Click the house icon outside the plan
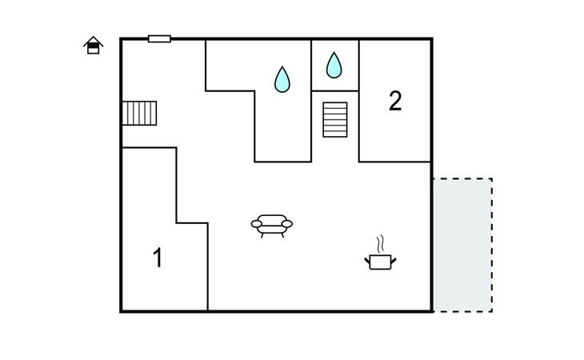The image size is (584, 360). point(93,46)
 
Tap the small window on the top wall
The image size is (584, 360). point(159,38)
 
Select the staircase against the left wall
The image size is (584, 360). point(139,113)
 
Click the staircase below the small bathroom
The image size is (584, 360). point(335,119)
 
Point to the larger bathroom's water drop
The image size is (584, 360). point(282,79)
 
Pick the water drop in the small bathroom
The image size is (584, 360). point(334,65)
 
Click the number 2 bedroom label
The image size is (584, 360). point(395,101)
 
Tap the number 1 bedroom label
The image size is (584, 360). point(158,258)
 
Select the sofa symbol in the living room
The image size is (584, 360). point(272,226)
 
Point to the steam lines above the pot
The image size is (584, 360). point(380,244)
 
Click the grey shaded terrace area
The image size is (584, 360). point(462,245)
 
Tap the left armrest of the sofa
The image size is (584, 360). point(257,224)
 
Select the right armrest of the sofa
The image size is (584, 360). point(287,224)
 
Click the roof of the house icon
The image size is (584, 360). point(93,41)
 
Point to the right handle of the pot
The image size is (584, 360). point(394,261)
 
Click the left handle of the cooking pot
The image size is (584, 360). point(367,261)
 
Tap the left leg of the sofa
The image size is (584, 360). point(262,235)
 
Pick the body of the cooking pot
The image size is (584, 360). point(380,262)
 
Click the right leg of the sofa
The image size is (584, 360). point(282,235)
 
